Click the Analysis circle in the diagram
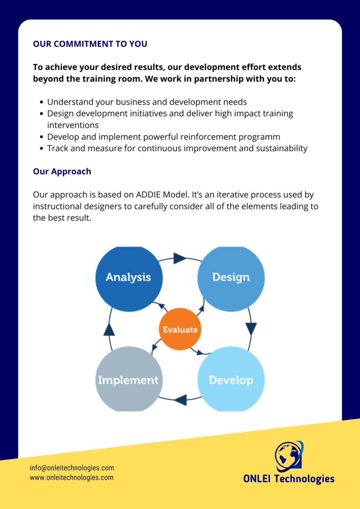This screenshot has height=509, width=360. [129, 278]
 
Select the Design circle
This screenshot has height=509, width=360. [231, 278]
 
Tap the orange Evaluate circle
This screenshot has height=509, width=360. [180, 329]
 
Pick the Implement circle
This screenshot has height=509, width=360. [129, 380]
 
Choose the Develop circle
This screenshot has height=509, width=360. [231, 380]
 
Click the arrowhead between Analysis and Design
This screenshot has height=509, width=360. [180, 258]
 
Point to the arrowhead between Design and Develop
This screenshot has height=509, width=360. [251, 329]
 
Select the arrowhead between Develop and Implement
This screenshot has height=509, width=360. [180, 400]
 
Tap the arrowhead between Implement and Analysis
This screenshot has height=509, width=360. [109, 329]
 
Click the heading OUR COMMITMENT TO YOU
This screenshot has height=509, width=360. [90, 44]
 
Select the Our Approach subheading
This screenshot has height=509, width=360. [62, 171]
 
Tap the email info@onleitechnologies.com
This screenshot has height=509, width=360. [72, 468]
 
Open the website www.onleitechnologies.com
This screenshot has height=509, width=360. [72, 478]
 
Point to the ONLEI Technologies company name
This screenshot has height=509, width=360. [288, 479]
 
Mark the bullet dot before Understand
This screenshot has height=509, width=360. [41, 102]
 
